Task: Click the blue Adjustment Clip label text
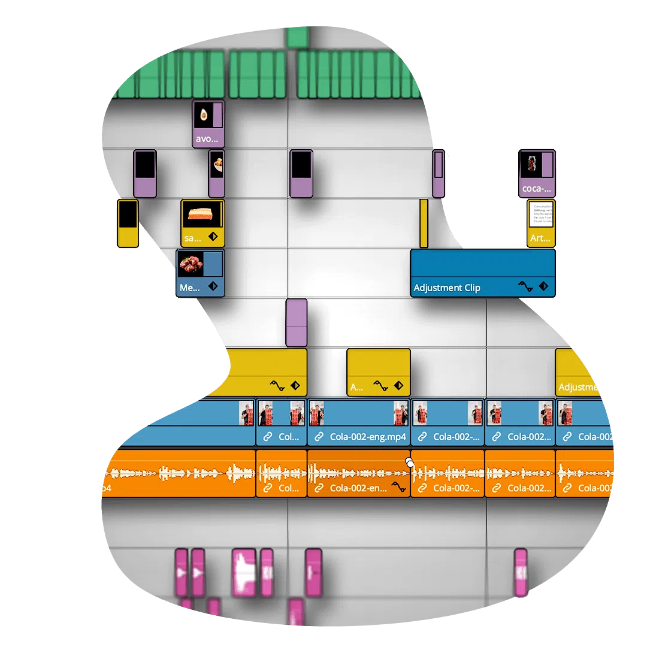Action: coord(447,288)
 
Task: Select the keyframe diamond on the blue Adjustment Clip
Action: coord(544,287)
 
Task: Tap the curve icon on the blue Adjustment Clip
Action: coord(525,287)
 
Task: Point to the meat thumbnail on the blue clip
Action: coord(191,264)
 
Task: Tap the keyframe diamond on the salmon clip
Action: coord(213,237)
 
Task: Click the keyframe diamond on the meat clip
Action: coord(213,287)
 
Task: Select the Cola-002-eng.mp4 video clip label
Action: coord(367,437)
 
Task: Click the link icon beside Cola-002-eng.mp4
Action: coord(319,437)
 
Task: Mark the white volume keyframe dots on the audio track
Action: coord(410,462)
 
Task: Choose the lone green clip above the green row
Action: coord(297,37)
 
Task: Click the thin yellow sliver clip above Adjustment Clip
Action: coord(424,223)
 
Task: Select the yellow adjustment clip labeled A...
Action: coord(378,372)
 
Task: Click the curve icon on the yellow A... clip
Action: coord(380,386)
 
